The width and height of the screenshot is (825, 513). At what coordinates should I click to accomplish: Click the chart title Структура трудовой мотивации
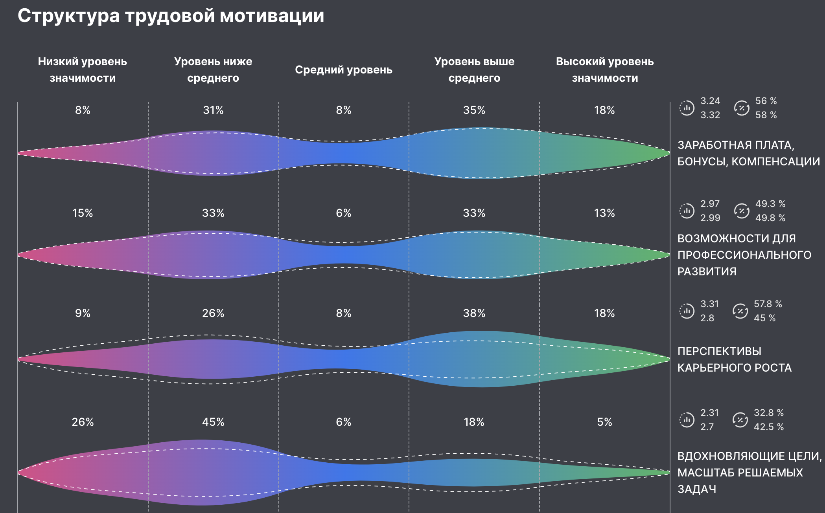click(x=171, y=16)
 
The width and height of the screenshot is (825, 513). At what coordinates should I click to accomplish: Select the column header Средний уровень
click(x=343, y=70)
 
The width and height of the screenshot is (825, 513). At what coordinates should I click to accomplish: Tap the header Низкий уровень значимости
click(x=83, y=70)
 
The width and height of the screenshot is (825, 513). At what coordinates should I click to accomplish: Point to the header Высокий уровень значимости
click(x=604, y=70)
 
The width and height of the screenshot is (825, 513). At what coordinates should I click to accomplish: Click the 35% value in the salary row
click(x=474, y=110)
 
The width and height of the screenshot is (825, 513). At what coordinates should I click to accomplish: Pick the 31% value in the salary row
click(x=213, y=110)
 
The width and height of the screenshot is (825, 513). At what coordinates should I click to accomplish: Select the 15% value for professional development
click(x=83, y=213)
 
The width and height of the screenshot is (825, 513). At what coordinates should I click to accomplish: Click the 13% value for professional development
click(x=604, y=213)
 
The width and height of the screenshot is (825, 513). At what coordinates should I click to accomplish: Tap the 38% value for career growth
click(x=474, y=313)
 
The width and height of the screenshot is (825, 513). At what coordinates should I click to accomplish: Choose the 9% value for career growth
click(x=83, y=313)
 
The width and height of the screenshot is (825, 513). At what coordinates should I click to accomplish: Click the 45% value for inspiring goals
click(x=213, y=422)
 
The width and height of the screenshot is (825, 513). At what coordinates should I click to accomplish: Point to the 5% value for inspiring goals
click(x=604, y=422)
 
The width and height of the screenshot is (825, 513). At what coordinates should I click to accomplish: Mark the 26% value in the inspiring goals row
click(x=83, y=422)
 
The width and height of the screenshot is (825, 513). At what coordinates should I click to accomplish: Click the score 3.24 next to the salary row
click(x=710, y=101)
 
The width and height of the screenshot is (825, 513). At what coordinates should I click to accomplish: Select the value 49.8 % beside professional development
click(x=770, y=218)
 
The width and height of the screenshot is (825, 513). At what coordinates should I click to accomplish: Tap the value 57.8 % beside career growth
click(x=768, y=304)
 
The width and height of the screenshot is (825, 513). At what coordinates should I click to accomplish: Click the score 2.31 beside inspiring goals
click(x=709, y=413)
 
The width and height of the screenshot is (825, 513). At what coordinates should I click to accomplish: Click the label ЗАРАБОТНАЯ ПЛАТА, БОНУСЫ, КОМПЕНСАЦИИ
click(x=748, y=153)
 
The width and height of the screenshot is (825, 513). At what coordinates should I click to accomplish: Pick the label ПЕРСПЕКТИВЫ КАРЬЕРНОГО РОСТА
click(x=734, y=359)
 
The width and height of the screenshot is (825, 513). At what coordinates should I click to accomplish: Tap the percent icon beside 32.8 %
click(x=740, y=420)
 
